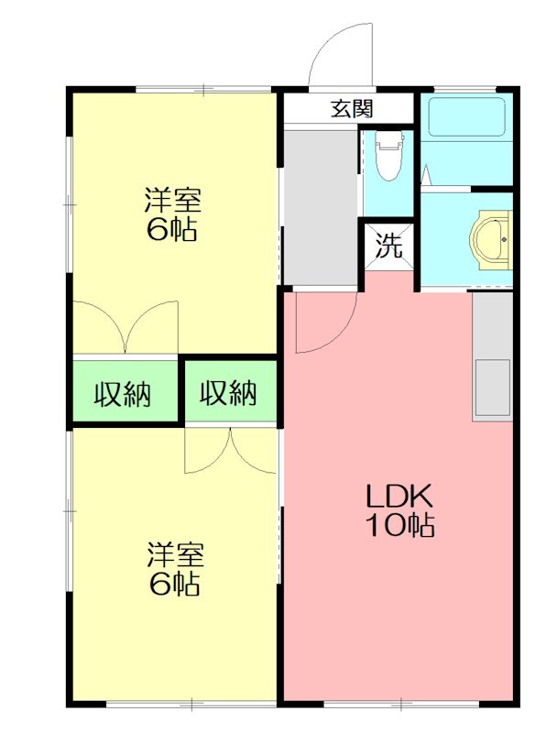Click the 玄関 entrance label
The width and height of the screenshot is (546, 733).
pos(352,108)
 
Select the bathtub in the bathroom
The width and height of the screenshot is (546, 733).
pos(466,117)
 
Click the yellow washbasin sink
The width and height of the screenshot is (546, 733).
pos(490,239)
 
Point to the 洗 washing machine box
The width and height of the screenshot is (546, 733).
pos(389,246)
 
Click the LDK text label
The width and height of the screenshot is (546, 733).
pos(399,497)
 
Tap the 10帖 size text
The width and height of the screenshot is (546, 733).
pos(399,524)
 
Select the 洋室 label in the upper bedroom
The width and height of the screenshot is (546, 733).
pos(172,200)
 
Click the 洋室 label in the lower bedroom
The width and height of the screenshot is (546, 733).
pos(175,554)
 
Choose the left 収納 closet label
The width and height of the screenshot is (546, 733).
pos(123,394)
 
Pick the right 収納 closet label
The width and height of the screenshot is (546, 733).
pos(228,393)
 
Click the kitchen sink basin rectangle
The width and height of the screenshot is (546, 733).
pos(493,388)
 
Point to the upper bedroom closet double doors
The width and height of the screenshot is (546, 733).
pos(126,327)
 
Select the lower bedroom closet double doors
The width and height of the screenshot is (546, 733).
pos(231,450)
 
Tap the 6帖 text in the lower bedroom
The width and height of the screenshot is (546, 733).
pos(175,583)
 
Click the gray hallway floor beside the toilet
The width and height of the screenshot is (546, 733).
pos(321,207)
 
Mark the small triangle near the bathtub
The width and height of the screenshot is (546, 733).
pos(426,175)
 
